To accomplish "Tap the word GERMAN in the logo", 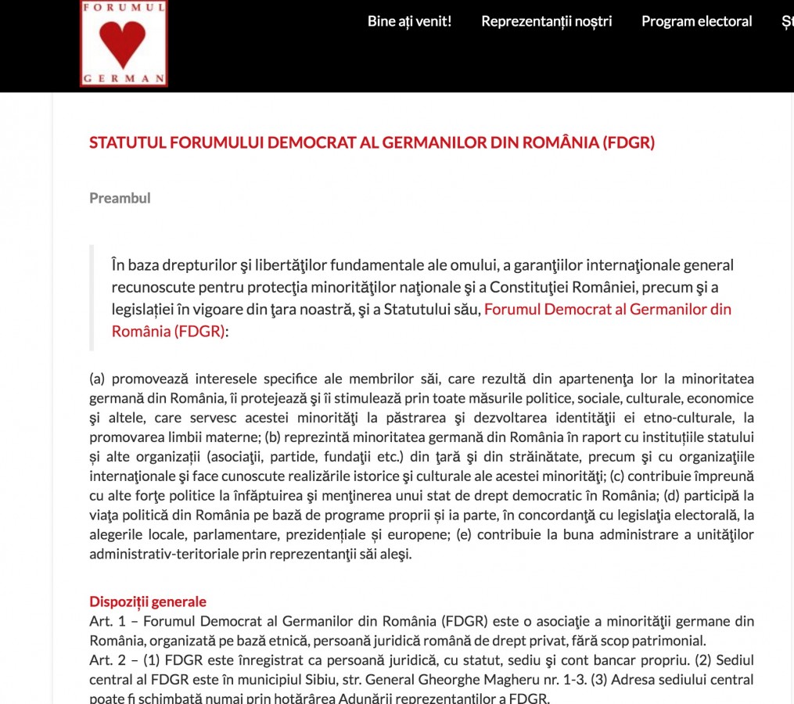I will pyautogui.click(x=124, y=78).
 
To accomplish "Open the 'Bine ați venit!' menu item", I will pyautogui.click(x=409, y=21).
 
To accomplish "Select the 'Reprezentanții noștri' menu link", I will pyautogui.click(x=546, y=21).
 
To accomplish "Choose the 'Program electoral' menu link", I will pyautogui.click(x=696, y=21).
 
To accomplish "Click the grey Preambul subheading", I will pyautogui.click(x=120, y=198).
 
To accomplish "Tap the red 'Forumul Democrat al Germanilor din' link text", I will pyautogui.click(x=608, y=308).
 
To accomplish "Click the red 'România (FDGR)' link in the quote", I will pyautogui.click(x=167, y=330).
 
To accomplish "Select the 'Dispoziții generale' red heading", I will pyautogui.click(x=148, y=602).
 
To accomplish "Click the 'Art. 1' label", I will pyautogui.click(x=103, y=622).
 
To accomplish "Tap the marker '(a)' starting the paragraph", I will pyautogui.click(x=97, y=379).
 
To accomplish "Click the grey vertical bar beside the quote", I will pyautogui.click(x=92, y=297).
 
